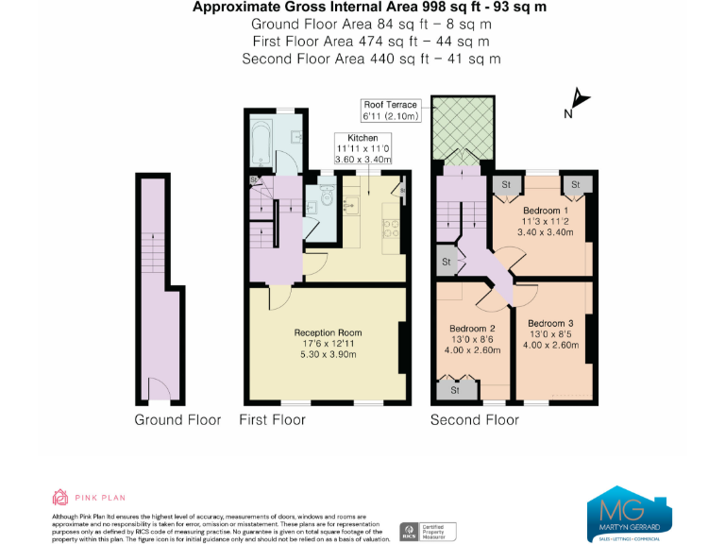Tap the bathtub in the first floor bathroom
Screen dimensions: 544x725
(x=263, y=147)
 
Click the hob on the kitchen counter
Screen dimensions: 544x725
(x=390, y=230)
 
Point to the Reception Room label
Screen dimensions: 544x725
(x=328, y=332)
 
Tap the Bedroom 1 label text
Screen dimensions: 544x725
(x=546, y=210)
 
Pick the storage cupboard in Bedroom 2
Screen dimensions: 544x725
(x=454, y=389)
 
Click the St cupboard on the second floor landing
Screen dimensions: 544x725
(x=445, y=262)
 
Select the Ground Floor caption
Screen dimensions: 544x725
(x=177, y=419)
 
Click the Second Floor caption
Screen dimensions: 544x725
(x=474, y=419)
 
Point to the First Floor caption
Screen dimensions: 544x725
(x=273, y=419)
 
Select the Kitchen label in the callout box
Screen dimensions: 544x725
(x=362, y=139)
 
